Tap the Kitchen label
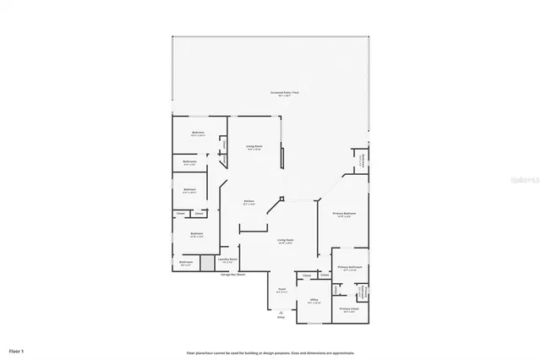pyautogui.click(x=249, y=201)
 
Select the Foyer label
pyautogui.click(x=282, y=290)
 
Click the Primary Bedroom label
pyautogui.click(x=344, y=215)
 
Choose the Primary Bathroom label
pyautogui.click(x=350, y=268)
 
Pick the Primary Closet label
pyautogui.click(x=349, y=309)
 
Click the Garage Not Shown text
pyautogui.click(x=233, y=274)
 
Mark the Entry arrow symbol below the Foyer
pyautogui.click(x=281, y=314)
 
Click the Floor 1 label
pyautogui.click(x=16, y=349)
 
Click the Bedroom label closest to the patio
pyautogui.click(x=199, y=133)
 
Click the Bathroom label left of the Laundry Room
pyautogui.click(x=187, y=262)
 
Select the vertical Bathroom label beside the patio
pyautogui.click(x=362, y=159)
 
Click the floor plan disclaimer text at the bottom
pyautogui.click(x=270, y=352)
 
